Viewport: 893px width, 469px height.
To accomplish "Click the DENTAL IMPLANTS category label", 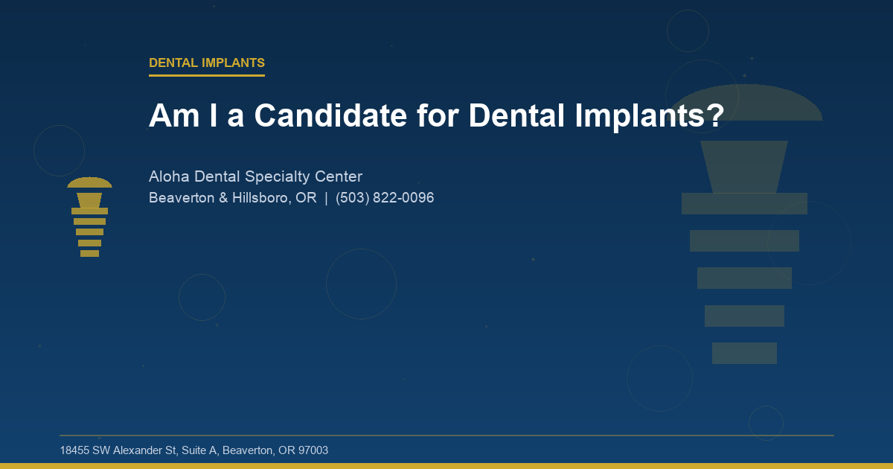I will click(x=206, y=63).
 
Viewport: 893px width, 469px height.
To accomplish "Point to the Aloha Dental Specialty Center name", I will click(x=255, y=176).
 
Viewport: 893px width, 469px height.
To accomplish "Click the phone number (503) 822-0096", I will click(x=385, y=198).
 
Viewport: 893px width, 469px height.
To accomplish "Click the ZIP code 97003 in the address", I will click(x=312, y=450).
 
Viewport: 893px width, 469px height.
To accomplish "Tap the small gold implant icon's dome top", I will click(x=89, y=183).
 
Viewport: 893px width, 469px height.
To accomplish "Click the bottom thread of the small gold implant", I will click(x=89, y=253).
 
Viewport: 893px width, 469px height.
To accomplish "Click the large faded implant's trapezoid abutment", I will click(x=744, y=166).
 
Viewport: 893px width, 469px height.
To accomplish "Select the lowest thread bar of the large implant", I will click(x=744, y=353).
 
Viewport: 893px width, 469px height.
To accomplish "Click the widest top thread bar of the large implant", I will click(x=744, y=203).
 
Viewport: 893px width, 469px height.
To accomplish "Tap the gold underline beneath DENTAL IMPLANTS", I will click(x=206, y=75).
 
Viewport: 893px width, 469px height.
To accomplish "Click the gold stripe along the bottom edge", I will click(x=446, y=466).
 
